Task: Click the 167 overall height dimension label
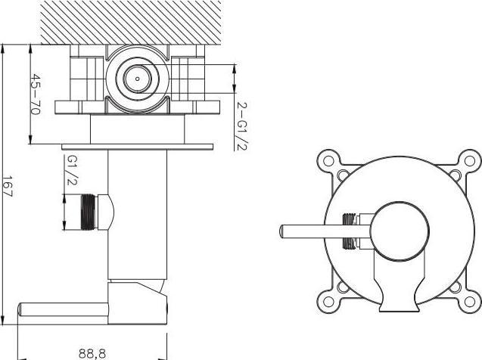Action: (8, 186)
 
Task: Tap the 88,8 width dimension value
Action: (92, 352)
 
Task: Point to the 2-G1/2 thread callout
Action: (241, 125)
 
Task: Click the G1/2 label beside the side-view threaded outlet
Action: (72, 170)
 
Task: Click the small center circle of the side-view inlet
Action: (137, 77)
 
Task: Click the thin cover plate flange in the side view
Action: (137, 145)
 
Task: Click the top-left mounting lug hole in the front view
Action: (328, 160)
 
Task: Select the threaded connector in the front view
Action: (349, 230)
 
